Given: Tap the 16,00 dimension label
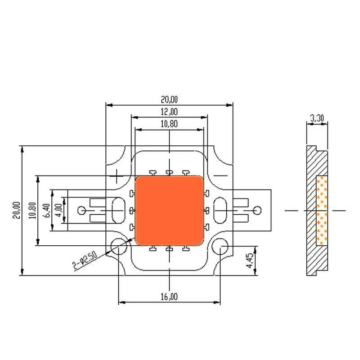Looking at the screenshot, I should pyautogui.click(x=169, y=296).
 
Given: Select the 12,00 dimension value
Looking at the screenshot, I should pyautogui.click(x=169, y=112).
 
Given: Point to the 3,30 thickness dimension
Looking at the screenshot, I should pyautogui.click(x=318, y=118).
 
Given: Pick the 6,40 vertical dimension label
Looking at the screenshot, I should pyautogui.click(x=46, y=210).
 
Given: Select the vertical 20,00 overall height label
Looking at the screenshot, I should pyautogui.click(x=16, y=210).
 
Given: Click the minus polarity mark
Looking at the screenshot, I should pyautogui.click(x=221, y=175).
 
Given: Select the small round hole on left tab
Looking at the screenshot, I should pyautogui.click(x=82, y=210).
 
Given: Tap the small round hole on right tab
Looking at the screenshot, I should pyautogui.click(x=257, y=210).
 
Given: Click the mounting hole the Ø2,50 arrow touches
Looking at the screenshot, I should pyautogui.click(x=118, y=246).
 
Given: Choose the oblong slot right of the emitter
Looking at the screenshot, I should pyautogui.click(x=222, y=210).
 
